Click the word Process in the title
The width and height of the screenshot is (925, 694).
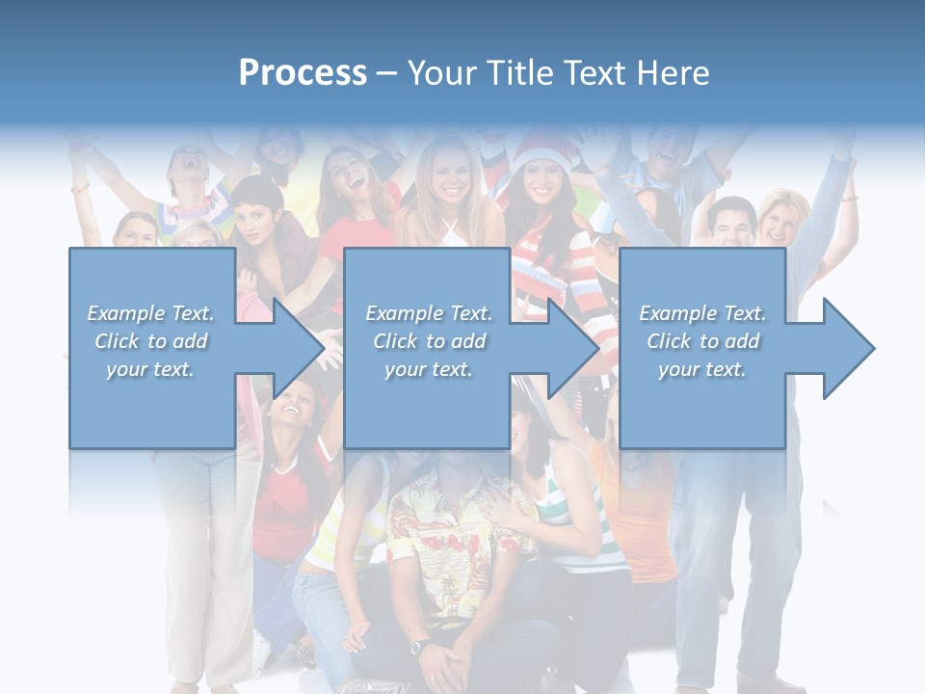tap(303, 73)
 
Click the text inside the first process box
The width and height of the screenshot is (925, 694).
tap(151, 341)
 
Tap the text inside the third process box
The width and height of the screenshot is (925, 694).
tap(702, 341)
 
